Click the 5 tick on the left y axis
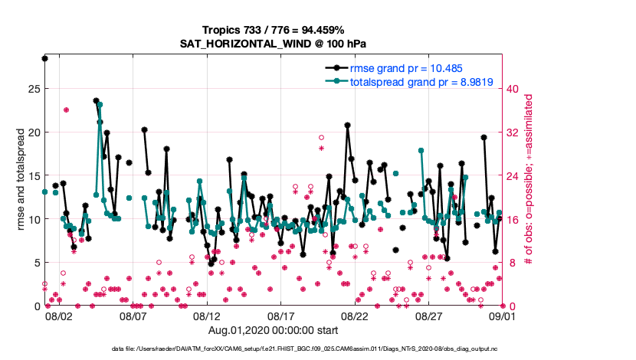[x=34, y=263]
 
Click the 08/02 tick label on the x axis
[x=59, y=316]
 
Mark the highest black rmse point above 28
[x=45, y=58]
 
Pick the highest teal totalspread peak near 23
[x=100, y=105]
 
